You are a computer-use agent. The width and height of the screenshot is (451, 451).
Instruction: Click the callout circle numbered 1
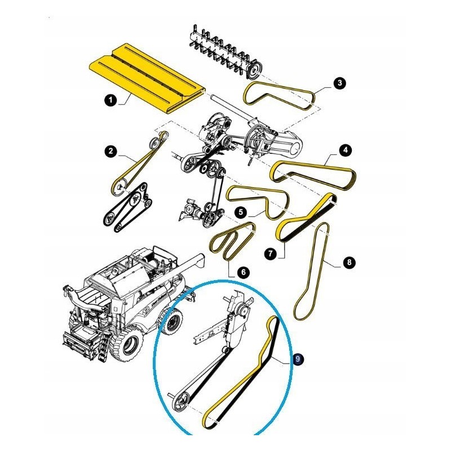click(x=110, y=100)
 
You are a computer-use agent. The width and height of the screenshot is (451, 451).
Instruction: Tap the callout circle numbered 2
click(x=110, y=151)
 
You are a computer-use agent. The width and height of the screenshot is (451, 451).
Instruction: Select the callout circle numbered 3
click(x=340, y=83)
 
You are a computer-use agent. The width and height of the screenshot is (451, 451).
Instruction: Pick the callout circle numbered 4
click(x=345, y=150)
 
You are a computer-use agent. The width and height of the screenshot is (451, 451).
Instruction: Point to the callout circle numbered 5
click(x=241, y=213)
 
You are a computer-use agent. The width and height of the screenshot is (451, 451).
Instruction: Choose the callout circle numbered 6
click(x=244, y=272)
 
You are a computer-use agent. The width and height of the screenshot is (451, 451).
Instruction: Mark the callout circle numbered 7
click(x=270, y=254)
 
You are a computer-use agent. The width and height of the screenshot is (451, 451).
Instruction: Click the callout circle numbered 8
click(x=349, y=262)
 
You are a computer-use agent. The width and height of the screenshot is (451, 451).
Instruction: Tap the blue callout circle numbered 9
click(x=298, y=359)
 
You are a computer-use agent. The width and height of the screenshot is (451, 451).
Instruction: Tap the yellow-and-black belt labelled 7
click(x=306, y=218)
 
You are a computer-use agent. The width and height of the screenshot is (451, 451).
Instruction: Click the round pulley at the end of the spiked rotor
click(x=254, y=70)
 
